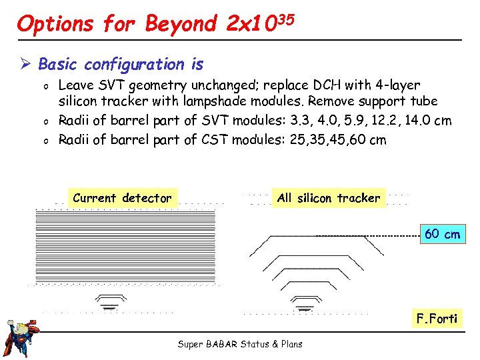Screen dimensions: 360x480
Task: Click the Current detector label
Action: [x=122, y=198]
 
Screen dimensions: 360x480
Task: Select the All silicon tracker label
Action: [x=329, y=198]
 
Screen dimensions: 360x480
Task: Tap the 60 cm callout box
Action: [x=443, y=234]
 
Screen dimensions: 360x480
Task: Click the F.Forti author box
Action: [x=437, y=318]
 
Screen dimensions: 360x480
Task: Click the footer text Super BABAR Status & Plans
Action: [x=240, y=344]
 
